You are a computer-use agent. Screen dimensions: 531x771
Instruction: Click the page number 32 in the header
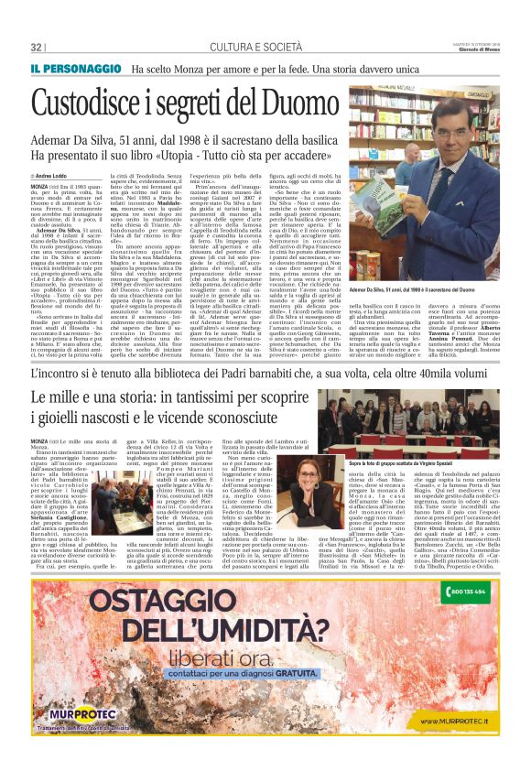pyautogui.click(x=37, y=47)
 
